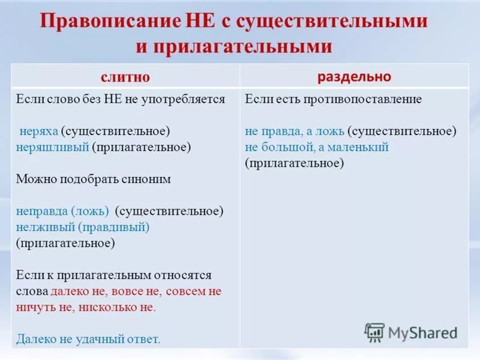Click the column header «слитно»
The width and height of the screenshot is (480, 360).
tap(125, 77)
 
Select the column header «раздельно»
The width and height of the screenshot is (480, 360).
tap(354, 77)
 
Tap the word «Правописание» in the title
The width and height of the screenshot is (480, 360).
tap(110, 22)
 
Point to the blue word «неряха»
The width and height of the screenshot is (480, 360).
tap(38, 131)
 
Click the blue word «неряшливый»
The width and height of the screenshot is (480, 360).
tap(52, 147)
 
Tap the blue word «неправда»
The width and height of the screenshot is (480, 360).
tap(42, 211)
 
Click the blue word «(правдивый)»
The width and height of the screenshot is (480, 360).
tap(113, 227)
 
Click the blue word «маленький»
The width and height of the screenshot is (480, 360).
tap(358, 147)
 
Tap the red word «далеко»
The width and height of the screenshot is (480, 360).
tap(70, 291)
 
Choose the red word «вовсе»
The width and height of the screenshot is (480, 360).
tap(127, 292)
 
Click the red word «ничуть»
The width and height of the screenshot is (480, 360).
tap(35, 307)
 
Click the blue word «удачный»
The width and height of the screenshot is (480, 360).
tap(100, 339)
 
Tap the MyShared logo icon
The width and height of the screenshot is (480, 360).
tap(374, 332)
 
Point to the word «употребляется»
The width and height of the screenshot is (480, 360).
tap(183, 100)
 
